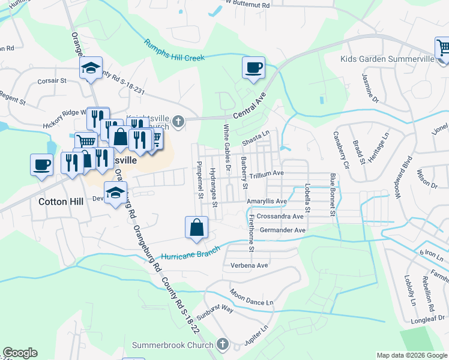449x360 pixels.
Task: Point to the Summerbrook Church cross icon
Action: click(x=223, y=344)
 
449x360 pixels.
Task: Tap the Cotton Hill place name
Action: click(x=61, y=202)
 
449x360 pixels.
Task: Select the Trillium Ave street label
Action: click(x=267, y=173)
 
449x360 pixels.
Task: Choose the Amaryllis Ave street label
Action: click(x=267, y=202)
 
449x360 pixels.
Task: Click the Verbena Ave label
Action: click(x=246, y=265)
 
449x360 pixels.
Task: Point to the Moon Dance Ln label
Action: click(x=251, y=294)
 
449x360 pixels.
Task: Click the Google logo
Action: click(x=20, y=353)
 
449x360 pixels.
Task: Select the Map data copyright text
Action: click(x=411, y=355)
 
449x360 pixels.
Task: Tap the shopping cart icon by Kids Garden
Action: click(x=443, y=47)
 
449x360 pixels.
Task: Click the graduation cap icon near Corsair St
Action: click(x=91, y=68)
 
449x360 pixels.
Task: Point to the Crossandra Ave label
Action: click(x=282, y=216)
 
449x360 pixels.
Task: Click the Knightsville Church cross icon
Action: click(x=178, y=123)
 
